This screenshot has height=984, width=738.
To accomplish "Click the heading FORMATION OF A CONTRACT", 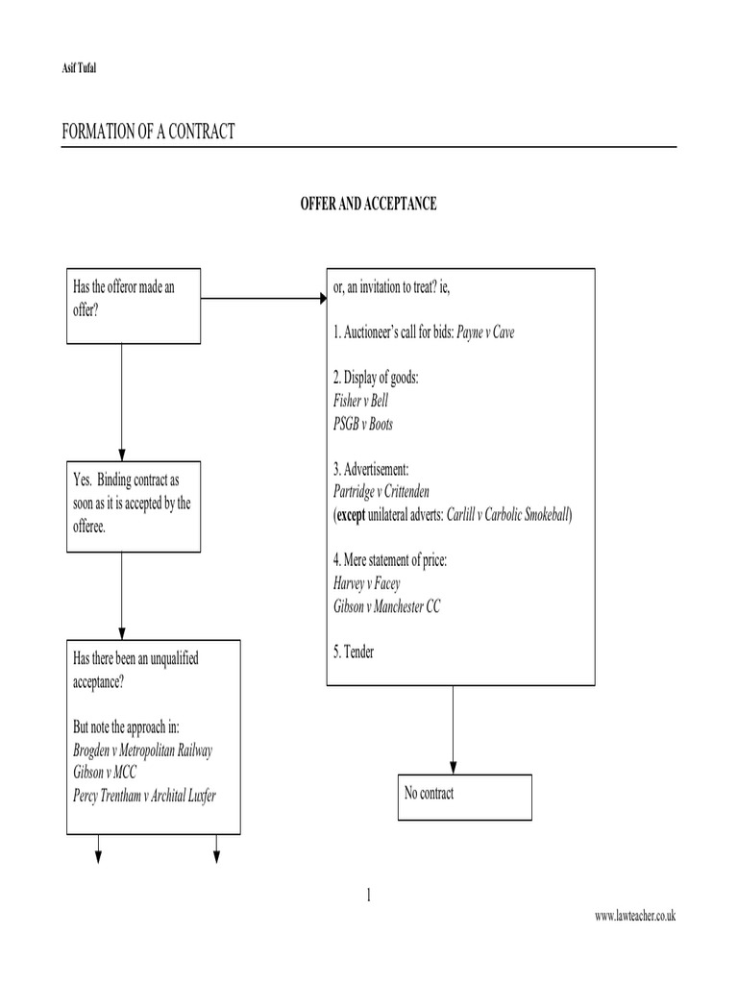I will click(x=148, y=132).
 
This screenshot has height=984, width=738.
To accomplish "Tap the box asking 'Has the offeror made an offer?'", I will click(x=134, y=305).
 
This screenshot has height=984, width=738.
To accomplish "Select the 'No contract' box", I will click(x=464, y=793).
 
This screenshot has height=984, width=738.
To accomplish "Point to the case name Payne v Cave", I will click(x=492, y=332).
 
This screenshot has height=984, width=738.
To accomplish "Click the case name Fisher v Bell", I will click(x=360, y=401).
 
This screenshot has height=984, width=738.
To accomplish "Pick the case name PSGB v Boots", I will click(x=362, y=424).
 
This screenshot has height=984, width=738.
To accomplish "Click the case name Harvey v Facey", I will click(x=366, y=583).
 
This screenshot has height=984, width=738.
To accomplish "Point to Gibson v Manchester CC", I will click(x=386, y=606).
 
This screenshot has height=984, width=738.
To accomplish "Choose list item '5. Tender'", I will click(x=354, y=652).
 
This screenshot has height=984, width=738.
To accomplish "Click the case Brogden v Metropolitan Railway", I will click(x=143, y=750).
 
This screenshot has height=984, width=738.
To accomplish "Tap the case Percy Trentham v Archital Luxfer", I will click(x=152, y=795).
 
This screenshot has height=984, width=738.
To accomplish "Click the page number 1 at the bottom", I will click(x=368, y=896).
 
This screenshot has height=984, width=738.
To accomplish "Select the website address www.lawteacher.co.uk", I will click(x=635, y=917).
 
